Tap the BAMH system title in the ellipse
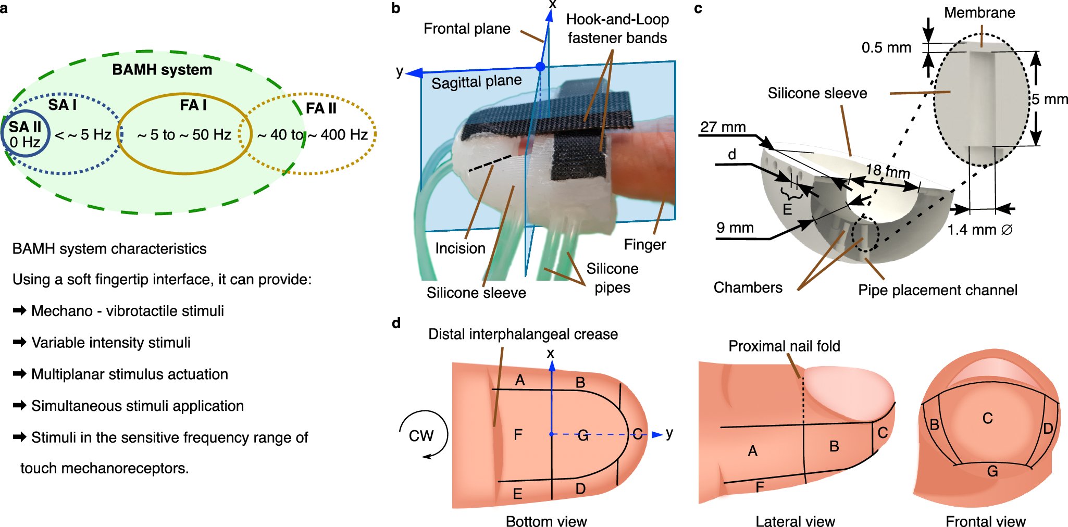point(162,70)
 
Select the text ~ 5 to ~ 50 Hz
point(184,135)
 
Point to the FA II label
point(321,108)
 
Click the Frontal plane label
point(467,29)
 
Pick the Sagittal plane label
point(476,82)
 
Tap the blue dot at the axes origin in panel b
point(540,67)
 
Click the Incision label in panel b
point(460,248)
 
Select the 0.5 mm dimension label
point(886,48)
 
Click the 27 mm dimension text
point(723,127)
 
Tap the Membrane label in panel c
point(979,12)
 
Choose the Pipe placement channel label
point(937,290)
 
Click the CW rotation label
point(421,436)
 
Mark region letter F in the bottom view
point(518,435)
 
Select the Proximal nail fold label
point(784,346)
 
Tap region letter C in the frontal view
point(987,418)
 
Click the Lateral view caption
point(795,521)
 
